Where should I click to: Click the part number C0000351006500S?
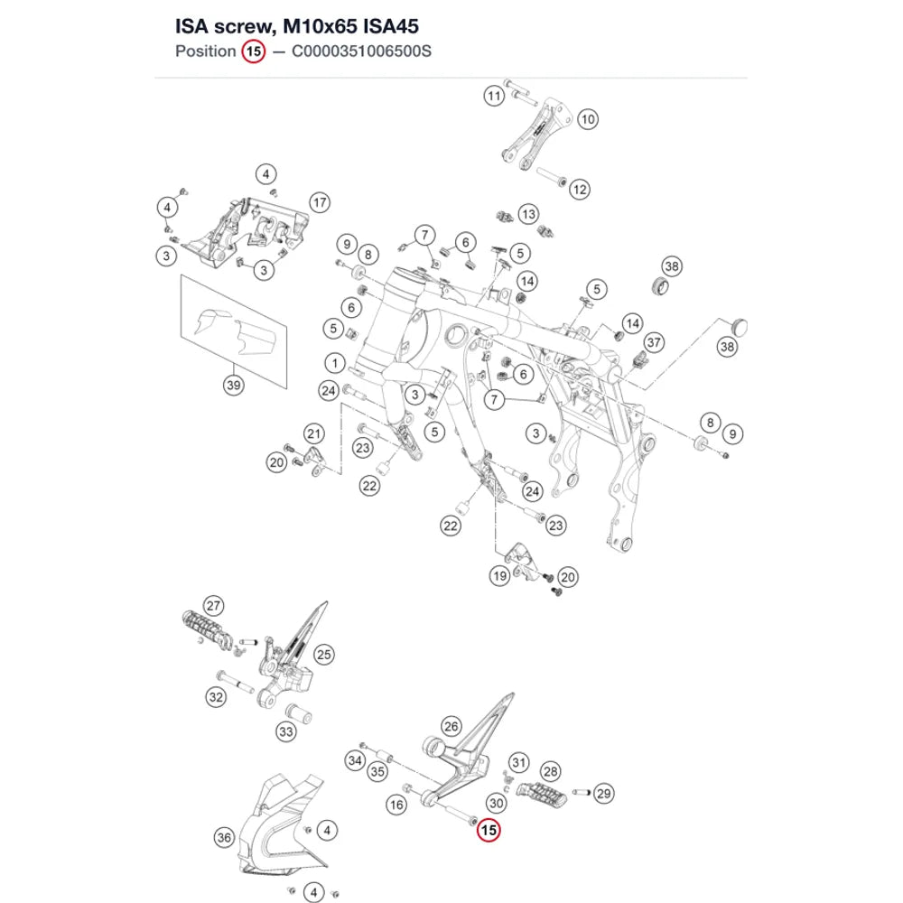click(x=361, y=51)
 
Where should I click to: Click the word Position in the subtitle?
click(x=206, y=51)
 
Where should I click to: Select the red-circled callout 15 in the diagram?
click(x=489, y=830)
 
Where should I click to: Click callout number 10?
click(x=588, y=119)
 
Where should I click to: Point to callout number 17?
click(x=320, y=202)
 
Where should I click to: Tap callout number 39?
click(x=233, y=385)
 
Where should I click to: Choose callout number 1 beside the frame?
click(x=335, y=363)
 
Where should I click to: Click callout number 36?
click(x=224, y=837)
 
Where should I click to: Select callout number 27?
click(x=213, y=606)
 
